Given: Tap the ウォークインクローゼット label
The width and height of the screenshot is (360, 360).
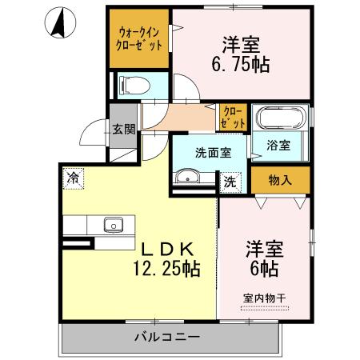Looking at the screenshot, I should tap(141, 39).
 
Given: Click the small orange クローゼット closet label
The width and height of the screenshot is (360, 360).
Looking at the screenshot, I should tap(233, 117).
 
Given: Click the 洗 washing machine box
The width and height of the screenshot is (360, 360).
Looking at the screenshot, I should tap(229, 182).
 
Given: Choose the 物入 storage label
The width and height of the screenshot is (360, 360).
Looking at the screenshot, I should tap(280, 180).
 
